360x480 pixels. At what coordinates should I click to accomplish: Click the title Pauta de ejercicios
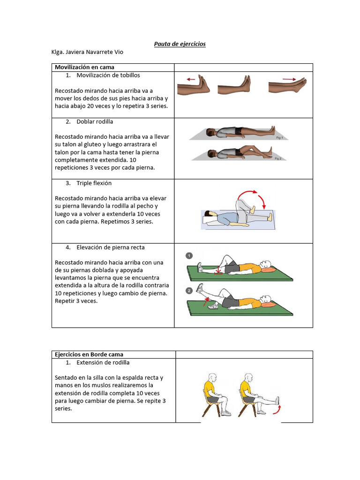coord(180,44)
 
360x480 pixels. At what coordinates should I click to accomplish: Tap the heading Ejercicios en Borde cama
coord(89,354)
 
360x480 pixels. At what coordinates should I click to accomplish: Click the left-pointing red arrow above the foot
coord(191,79)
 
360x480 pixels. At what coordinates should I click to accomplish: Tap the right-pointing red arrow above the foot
coord(289,79)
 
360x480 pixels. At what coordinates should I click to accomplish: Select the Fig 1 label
coord(279,138)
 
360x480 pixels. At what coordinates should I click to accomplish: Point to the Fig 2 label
coord(277,159)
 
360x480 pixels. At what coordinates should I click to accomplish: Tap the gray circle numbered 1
coord(189,255)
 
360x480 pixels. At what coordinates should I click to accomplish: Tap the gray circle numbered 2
coord(189,291)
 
